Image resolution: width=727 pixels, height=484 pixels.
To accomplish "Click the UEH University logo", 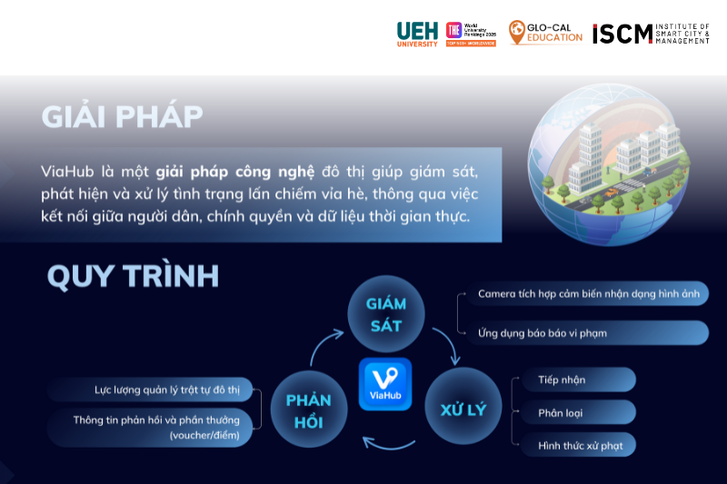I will click(x=417, y=34).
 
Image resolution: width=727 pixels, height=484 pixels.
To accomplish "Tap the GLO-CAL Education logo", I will click(x=545, y=34).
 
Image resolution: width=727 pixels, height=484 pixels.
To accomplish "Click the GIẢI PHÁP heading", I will click(x=122, y=116).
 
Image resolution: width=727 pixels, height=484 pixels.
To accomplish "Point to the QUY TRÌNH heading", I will click(x=133, y=276).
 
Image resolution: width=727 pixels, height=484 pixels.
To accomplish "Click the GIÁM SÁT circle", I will click(x=385, y=314).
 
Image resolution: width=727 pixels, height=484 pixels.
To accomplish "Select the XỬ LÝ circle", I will click(x=463, y=409).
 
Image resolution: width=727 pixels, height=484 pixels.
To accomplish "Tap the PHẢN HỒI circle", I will click(x=309, y=410).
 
